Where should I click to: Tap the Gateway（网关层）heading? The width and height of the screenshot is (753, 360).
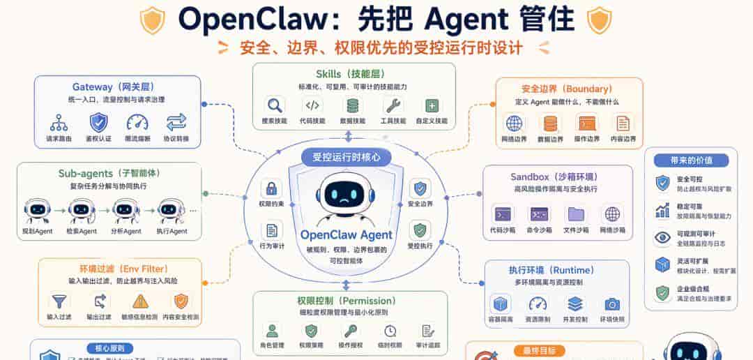pyautogui.click(x=117, y=87)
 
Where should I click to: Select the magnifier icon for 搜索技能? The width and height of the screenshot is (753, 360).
pyautogui.click(x=275, y=105)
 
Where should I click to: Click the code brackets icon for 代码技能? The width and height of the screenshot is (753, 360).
pyautogui.click(x=313, y=105)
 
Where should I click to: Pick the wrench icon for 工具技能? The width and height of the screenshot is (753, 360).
pyautogui.click(x=393, y=105)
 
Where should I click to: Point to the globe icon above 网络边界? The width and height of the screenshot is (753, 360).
pyautogui.click(x=514, y=124)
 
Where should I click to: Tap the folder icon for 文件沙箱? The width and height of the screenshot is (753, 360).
pyautogui.click(x=576, y=213)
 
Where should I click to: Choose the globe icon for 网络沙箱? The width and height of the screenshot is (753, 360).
pyautogui.click(x=612, y=213)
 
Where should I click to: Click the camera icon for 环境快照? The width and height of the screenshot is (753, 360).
pyautogui.click(x=612, y=304)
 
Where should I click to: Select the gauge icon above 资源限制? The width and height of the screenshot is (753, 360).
pyautogui.click(x=538, y=304)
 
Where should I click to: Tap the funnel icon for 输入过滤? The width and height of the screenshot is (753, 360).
pyautogui.click(x=59, y=301)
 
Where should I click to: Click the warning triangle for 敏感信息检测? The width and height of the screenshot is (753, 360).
pyautogui.click(x=141, y=301)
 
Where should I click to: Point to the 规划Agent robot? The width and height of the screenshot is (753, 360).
pyautogui.click(x=37, y=209)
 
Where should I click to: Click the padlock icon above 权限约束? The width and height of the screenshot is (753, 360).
pyautogui.click(x=271, y=188)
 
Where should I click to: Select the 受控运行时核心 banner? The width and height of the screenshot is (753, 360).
pyautogui.click(x=347, y=158)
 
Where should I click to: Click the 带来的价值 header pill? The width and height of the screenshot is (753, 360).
pyautogui.click(x=690, y=160)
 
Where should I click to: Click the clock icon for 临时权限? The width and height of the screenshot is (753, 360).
pyautogui.click(x=390, y=330)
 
